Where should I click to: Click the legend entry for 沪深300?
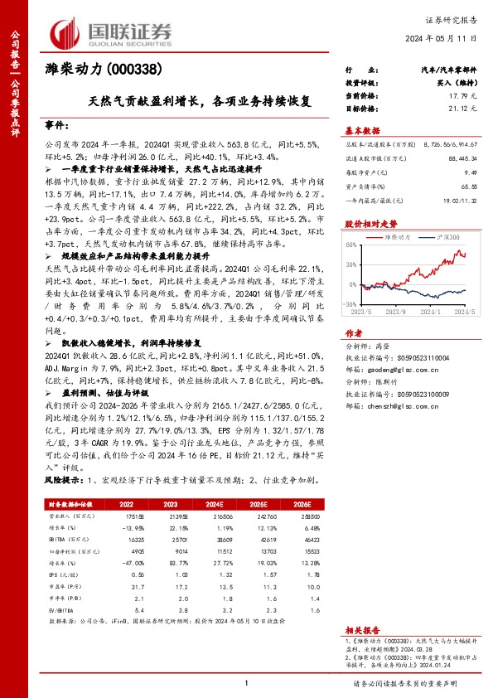pos(437,236)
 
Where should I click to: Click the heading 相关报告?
pos(361,630)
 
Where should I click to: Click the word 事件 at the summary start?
pos(58,124)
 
